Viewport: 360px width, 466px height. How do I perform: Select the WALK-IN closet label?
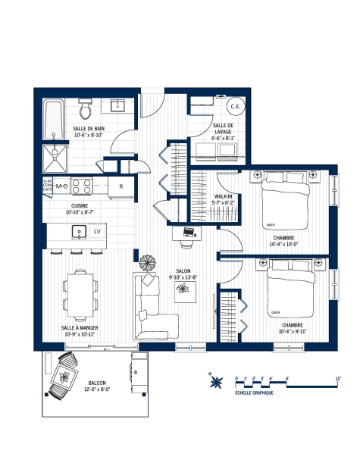point(223,197)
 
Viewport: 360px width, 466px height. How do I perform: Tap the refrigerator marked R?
point(120,186)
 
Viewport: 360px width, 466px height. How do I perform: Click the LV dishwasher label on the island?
point(97,230)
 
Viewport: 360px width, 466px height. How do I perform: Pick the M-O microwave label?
point(62,186)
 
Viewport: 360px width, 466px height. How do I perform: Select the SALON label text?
point(182,271)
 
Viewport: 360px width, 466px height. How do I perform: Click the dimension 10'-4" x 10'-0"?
point(284,244)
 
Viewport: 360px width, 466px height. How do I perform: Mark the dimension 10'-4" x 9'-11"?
point(293,330)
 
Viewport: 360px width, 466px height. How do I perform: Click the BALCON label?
point(97,383)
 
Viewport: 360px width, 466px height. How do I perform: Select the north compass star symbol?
point(216,380)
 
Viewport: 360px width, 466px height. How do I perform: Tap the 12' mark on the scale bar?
point(337,377)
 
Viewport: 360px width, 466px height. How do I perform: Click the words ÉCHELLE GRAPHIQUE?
point(254,394)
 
